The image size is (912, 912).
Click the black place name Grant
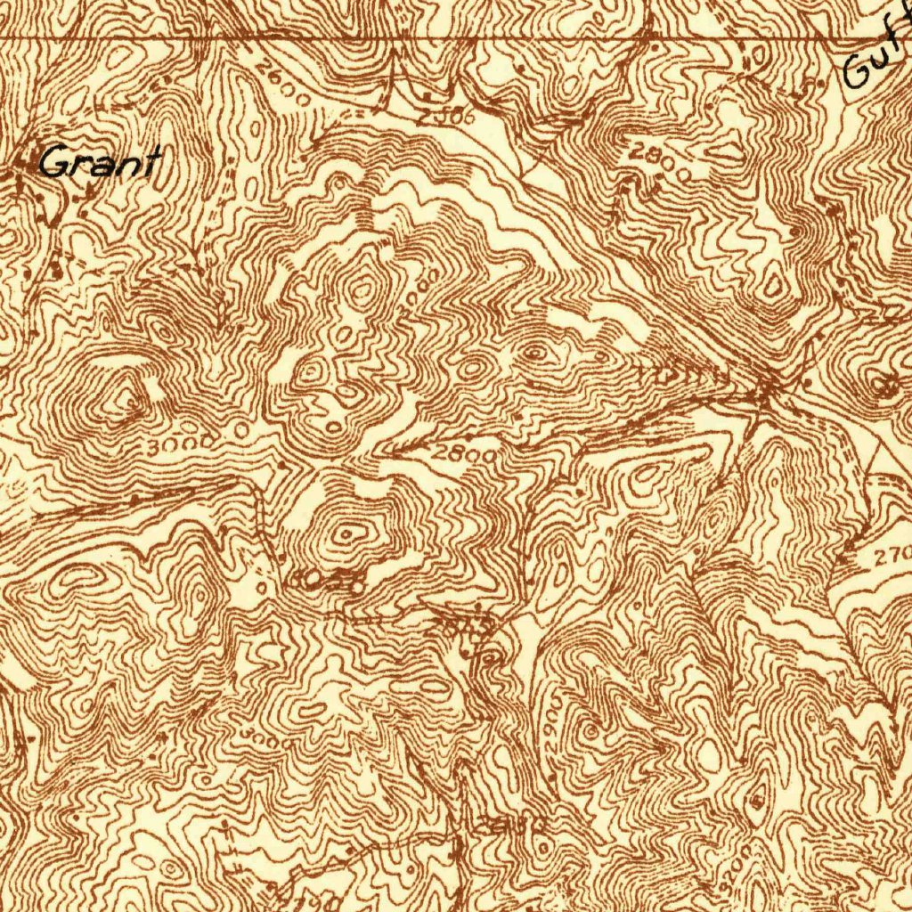pos(101,162)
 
